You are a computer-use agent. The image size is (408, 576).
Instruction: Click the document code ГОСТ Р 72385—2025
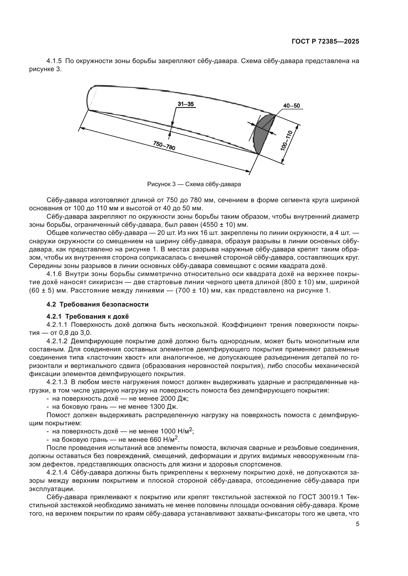tap(325, 42)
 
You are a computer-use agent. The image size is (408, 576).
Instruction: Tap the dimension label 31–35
tap(185, 104)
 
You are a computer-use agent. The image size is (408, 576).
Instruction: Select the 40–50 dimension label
tap(291, 106)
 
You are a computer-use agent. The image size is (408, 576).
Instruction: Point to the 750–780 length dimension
tap(164, 145)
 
